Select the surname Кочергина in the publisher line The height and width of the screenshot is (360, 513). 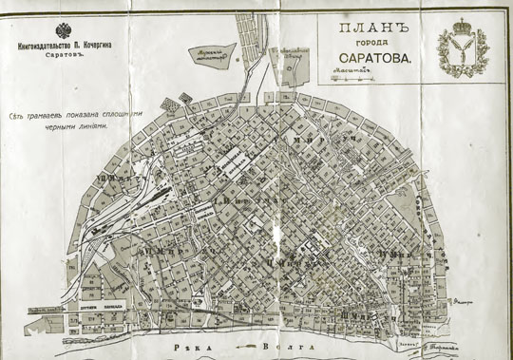[x=101, y=44]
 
